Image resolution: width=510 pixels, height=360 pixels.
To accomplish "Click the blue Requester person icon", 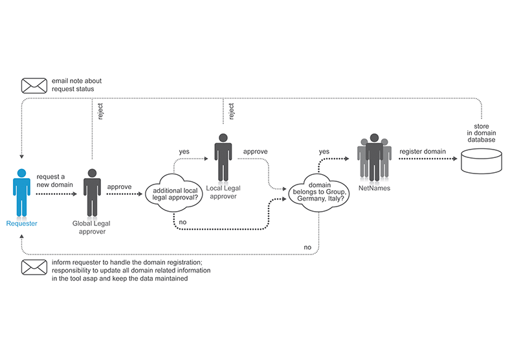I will tap(21, 192).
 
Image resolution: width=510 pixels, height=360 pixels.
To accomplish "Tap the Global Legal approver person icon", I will tap(92, 192).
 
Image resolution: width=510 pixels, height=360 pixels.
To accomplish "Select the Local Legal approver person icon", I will tap(223, 158).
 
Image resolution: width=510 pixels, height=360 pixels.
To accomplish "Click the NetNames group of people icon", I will tap(374, 158).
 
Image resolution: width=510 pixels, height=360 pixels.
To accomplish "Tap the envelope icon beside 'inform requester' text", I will tap(34, 267).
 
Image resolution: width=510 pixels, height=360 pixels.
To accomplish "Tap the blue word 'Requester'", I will tap(21, 223).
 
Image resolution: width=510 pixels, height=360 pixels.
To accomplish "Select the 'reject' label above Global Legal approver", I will tap(100, 113).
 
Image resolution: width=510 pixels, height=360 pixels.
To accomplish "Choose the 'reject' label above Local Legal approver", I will tap(231, 113).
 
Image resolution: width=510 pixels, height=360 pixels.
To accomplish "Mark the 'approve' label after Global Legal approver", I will tap(119, 186).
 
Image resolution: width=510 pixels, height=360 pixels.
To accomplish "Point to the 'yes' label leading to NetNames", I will tap(324, 151).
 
